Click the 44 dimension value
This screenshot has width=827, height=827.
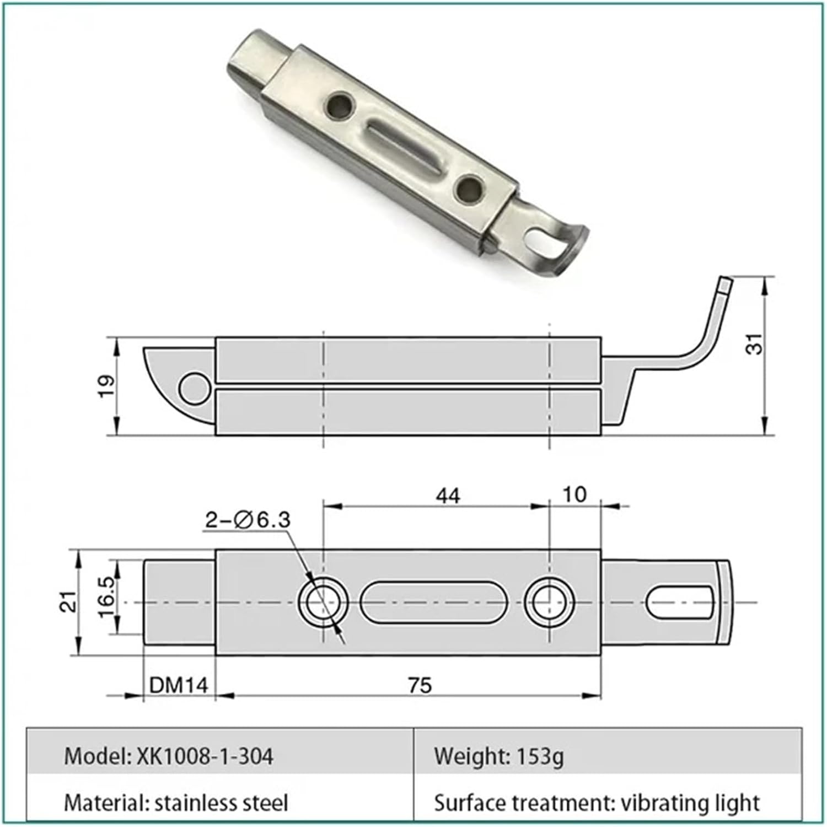pyautogui.click(x=447, y=496)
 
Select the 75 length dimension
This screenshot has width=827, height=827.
pyautogui.click(x=420, y=685)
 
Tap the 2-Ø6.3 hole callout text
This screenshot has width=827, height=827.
pyautogui.click(x=248, y=519)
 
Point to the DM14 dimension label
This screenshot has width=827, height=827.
pyautogui.click(x=179, y=685)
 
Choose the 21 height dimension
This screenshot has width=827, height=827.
pyautogui.click(x=68, y=602)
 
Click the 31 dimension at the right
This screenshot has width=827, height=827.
pyautogui.click(x=756, y=344)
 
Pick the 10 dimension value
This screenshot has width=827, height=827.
pyautogui.click(x=574, y=495)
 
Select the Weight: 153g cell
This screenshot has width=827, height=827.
pyautogui.click(x=498, y=756)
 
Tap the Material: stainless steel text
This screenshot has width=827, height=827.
pyautogui.click(x=176, y=803)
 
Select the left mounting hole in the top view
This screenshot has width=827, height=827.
pyautogui.click(x=324, y=603)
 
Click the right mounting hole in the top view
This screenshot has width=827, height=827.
pyautogui.click(x=550, y=603)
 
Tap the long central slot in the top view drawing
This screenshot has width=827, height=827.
pyautogui.click(x=434, y=603)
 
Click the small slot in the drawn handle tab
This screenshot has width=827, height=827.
pyautogui.click(x=680, y=603)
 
